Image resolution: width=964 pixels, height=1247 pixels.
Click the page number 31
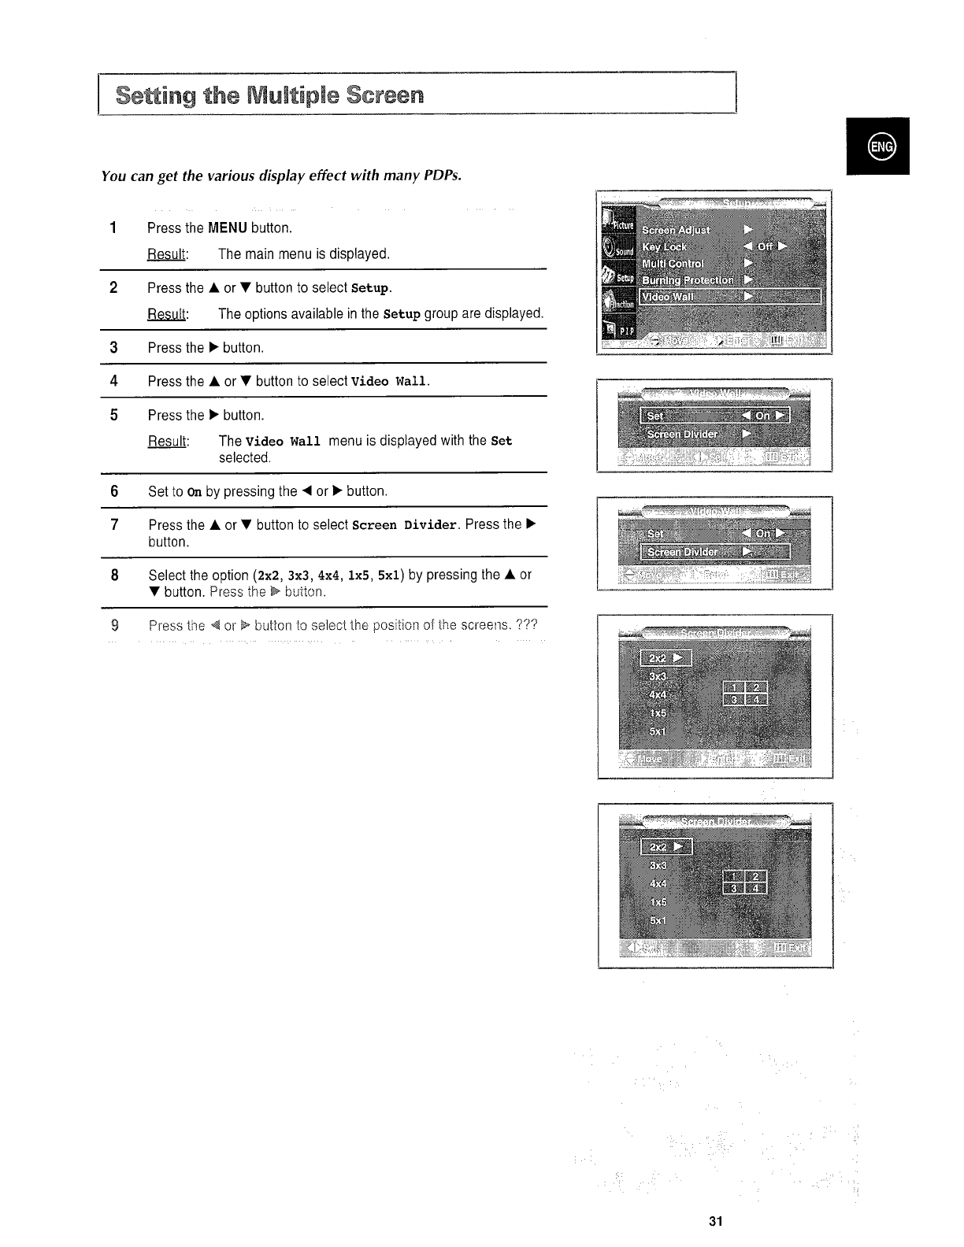tap(715, 1221)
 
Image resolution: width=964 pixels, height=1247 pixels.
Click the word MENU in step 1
tap(228, 228)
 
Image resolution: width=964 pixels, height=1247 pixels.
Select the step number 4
tap(114, 381)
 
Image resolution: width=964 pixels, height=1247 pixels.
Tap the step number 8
tap(114, 575)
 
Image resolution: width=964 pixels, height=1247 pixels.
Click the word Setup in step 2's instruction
tap(370, 288)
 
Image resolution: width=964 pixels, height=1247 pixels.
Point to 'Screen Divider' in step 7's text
tap(405, 525)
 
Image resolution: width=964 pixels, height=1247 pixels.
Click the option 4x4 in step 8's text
tap(328, 575)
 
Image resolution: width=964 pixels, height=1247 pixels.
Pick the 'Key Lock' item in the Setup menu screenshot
tap(664, 246)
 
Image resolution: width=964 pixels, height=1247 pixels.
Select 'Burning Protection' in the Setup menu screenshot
tap(687, 279)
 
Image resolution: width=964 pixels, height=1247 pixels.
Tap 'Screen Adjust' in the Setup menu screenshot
tap(676, 230)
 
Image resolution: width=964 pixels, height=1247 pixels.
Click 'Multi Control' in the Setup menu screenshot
tap(673, 263)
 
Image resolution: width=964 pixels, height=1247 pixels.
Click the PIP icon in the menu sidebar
tap(618, 331)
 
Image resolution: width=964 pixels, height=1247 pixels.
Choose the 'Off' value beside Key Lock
tap(765, 246)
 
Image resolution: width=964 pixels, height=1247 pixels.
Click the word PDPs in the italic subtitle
tap(442, 175)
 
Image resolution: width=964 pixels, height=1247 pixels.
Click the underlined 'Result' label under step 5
tap(168, 441)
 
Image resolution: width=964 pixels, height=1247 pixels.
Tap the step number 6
tap(114, 491)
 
